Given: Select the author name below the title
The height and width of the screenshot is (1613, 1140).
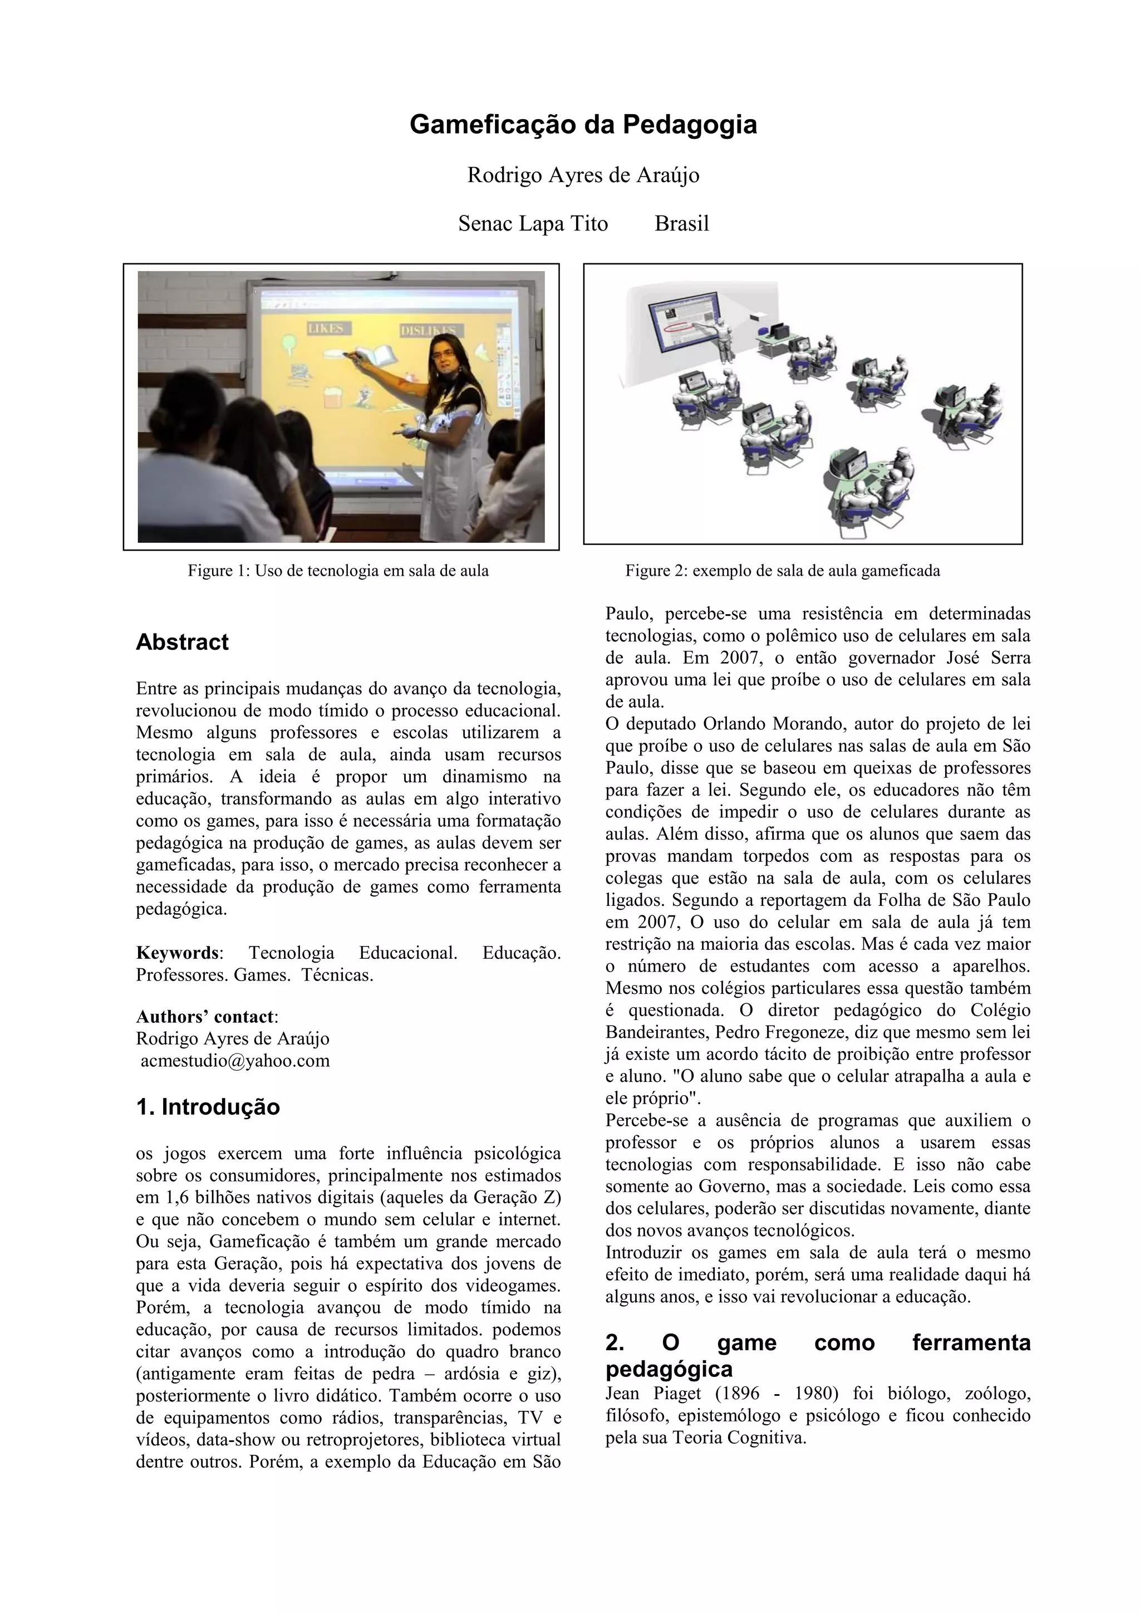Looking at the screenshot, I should pyautogui.click(x=583, y=175).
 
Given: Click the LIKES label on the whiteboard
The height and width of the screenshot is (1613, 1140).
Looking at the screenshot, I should pyautogui.click(x=328, y=329).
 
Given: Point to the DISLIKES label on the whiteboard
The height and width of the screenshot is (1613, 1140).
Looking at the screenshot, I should pyautogui.click(x=427, y=331).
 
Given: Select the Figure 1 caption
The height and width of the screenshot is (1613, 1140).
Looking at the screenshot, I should pyautogui.click(x=338, y=571).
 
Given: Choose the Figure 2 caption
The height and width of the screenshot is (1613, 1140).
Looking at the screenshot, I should pyautogui.click(x=783, y=571).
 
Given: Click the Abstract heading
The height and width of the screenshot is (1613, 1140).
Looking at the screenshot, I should pyautogui.click(x=182, y=642).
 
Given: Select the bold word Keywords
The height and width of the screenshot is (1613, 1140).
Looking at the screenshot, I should pyautogui.click(x=177, y=953).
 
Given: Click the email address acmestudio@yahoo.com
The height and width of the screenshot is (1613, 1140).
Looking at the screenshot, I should pyautogui.click(x=234, y=1061).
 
